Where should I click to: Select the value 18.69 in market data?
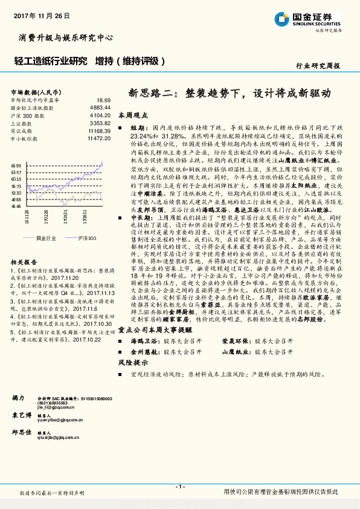[x=103, y=100]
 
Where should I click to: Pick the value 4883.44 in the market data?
[x=100, y=107]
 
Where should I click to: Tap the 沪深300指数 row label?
[x=25, y=114]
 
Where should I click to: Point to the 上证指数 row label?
[x=21, y=122]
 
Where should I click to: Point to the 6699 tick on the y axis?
[x=16, y=164]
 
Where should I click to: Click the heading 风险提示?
[x=133, y=363]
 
